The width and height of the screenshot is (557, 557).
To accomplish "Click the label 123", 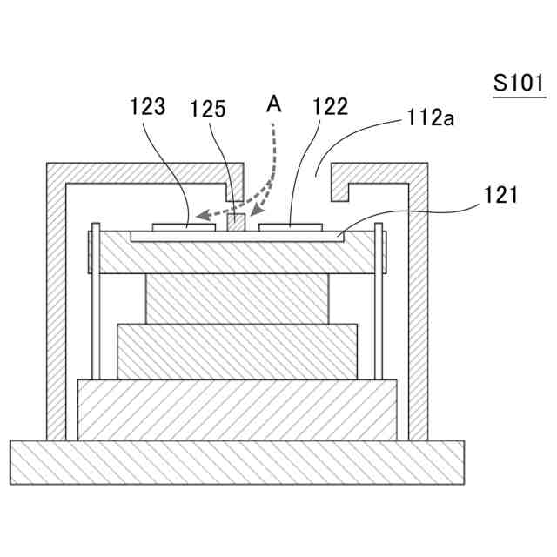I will click(x=147, y=108).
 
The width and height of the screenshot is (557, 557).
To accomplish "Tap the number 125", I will click(x=209, y=109).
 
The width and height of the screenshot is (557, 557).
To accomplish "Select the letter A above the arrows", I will click(x=273, y=104).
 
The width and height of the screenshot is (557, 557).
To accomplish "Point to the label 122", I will click(x=330, y=107).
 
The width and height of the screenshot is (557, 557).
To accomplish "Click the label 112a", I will click(x=428, y=117).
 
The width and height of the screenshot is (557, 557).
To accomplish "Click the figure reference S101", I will click(x=518, y=84).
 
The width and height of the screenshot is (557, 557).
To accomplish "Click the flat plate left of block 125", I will click(x=184, y=227).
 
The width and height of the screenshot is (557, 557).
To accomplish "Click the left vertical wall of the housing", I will click(x=56, y=305).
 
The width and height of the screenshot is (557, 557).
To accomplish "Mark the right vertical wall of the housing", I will click(x=419, y=305).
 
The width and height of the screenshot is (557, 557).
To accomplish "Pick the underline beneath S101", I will click(x=519, y=97).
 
